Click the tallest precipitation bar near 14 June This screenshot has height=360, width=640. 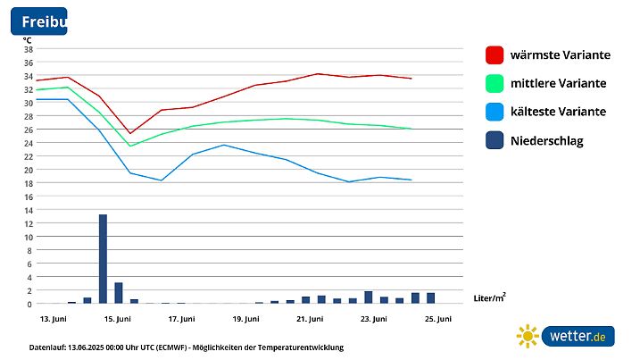tap(103, 259)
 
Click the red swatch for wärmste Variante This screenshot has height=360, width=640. tap(495, 54)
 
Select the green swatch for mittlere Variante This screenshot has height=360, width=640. tap(495, 83)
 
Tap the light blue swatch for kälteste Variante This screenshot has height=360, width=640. tap(495, 112)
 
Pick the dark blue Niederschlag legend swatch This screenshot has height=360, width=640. tap(495, 140)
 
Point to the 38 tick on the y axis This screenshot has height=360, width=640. tap(28, 49)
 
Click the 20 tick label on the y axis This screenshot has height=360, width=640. tap(28, 170)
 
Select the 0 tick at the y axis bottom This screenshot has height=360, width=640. tap(29, 304)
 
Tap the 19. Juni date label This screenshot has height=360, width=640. tap(245, 319)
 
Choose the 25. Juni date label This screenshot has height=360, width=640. tap(437, 319)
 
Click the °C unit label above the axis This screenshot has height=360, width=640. tap(27, 38)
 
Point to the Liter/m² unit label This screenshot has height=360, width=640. tap(490, 296)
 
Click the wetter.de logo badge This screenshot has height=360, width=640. tap(578, 336)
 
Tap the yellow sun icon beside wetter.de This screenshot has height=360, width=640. tap(528, 336)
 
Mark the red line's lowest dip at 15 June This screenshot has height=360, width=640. tap(130, 133)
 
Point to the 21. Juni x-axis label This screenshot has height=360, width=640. tap(310, 319)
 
